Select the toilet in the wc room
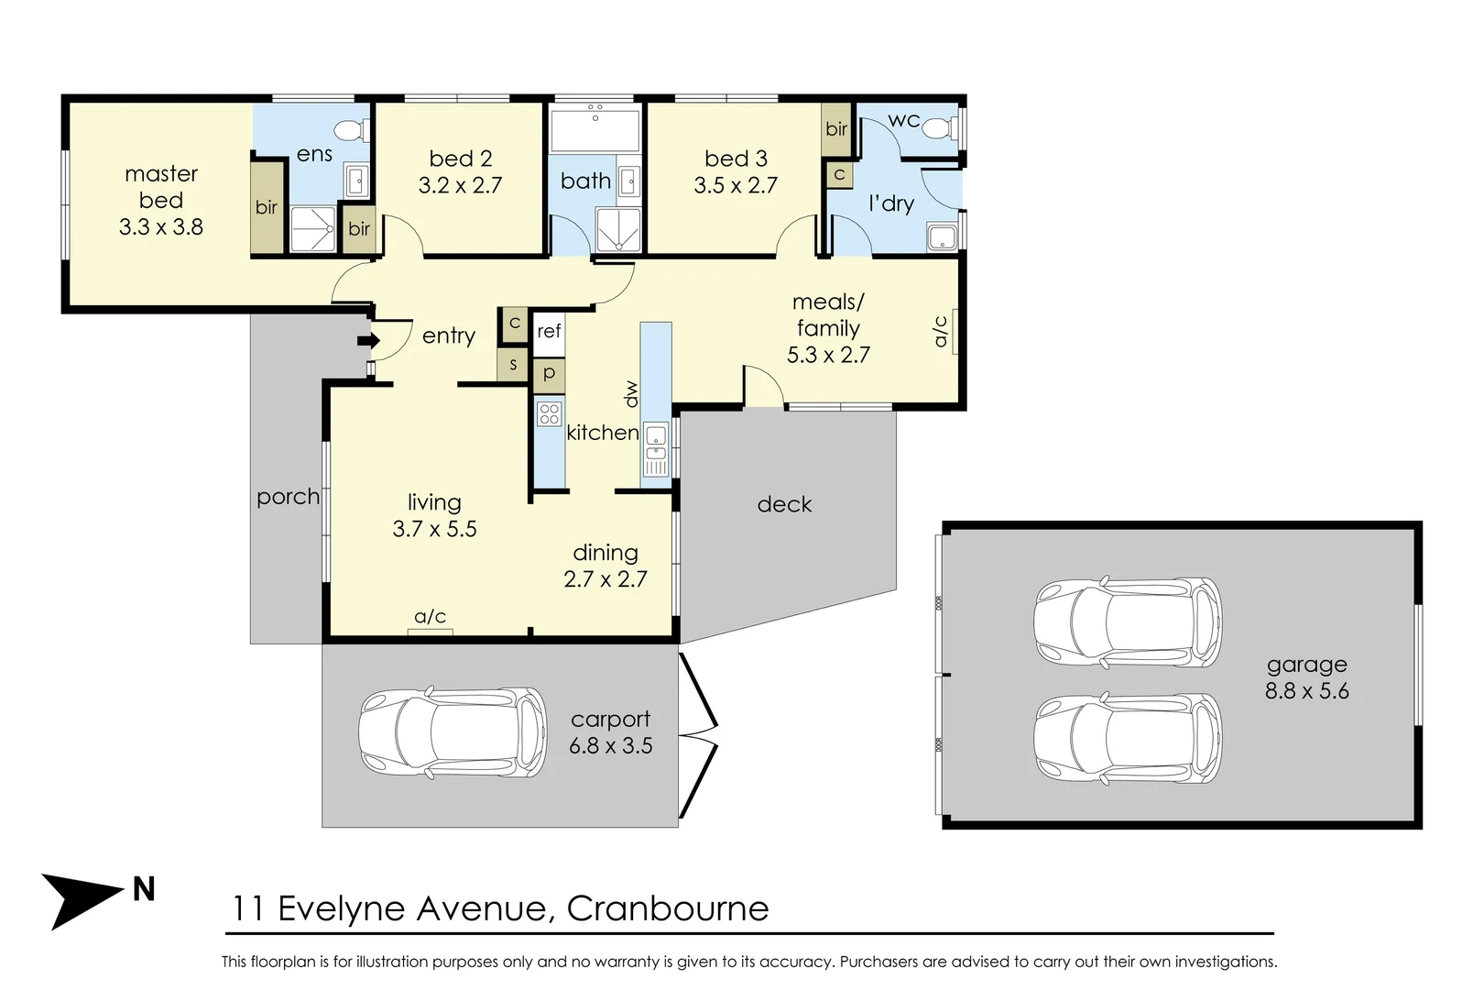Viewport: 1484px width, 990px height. click(938, 128)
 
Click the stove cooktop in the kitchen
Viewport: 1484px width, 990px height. click(549, 413)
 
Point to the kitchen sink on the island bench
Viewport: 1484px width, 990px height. click(656, 449)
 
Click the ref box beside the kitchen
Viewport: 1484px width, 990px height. click(549, 332)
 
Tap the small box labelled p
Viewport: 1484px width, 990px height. click(549, 374)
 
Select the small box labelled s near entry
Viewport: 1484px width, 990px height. click(513, 365)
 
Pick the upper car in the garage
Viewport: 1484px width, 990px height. click(1127, 621)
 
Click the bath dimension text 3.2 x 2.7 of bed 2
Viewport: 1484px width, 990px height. click(460, 185)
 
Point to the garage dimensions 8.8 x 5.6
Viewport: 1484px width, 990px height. click(1306, 691)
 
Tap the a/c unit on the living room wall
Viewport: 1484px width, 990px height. click(430, 630)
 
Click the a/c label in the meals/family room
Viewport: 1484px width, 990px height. click(941, 332)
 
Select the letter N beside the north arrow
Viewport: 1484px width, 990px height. click(144, 889)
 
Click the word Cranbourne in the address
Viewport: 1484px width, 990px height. click(668, 908)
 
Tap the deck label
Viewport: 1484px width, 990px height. click(784, 504)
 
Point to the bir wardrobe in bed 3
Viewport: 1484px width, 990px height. click(836, 129)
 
